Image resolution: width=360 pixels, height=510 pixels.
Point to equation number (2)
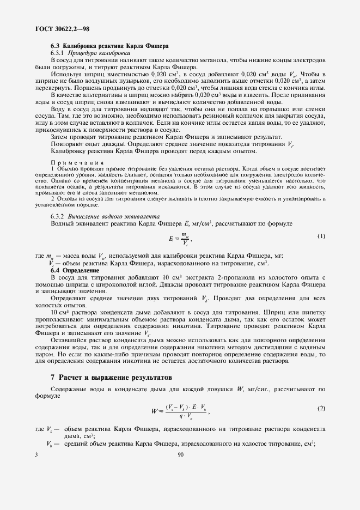pos(321,408)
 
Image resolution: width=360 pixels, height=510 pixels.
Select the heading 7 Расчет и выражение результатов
pos(111,377)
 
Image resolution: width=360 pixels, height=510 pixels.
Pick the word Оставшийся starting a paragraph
pos(68,340)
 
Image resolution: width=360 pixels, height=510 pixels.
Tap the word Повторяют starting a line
pos(67,144)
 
